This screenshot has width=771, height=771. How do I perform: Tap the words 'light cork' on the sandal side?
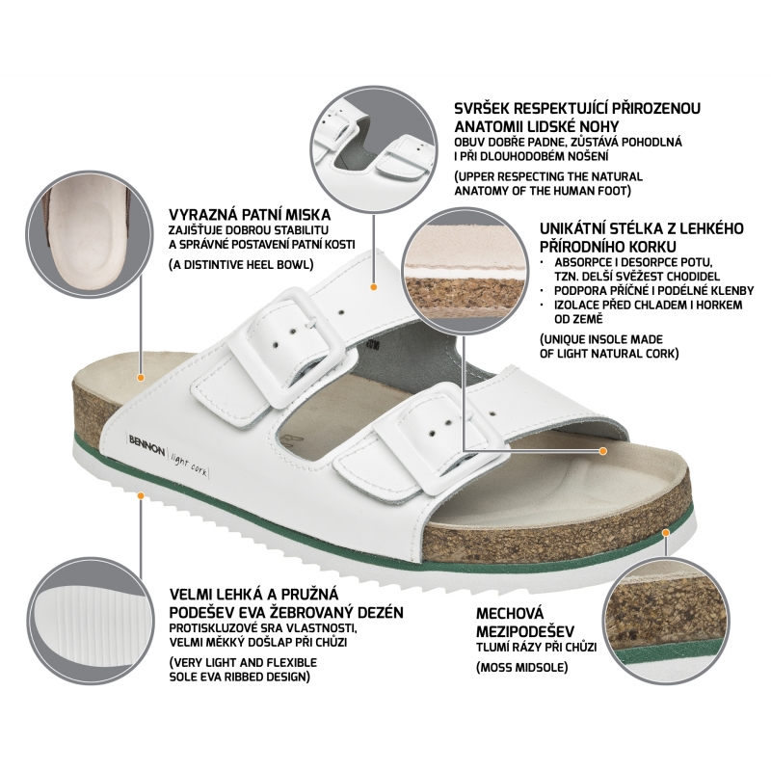(189, 464)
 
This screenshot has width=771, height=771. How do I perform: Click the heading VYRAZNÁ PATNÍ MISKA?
(250, 215)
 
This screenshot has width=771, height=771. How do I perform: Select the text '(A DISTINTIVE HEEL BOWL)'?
(241, 264)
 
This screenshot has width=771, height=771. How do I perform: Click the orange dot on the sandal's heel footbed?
(141, 378)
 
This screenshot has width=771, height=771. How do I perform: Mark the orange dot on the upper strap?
(374, 286)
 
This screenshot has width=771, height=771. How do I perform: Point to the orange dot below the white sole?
(141, 495)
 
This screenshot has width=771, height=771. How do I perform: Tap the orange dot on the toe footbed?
(603, 450)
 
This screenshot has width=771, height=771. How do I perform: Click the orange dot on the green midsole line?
(666, 532)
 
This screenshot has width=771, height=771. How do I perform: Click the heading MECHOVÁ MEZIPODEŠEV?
(525, 622)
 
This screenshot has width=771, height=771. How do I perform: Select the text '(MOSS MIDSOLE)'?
(521, 667)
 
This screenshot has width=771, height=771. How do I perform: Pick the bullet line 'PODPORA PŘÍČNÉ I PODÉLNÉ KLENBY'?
(654, 290)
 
